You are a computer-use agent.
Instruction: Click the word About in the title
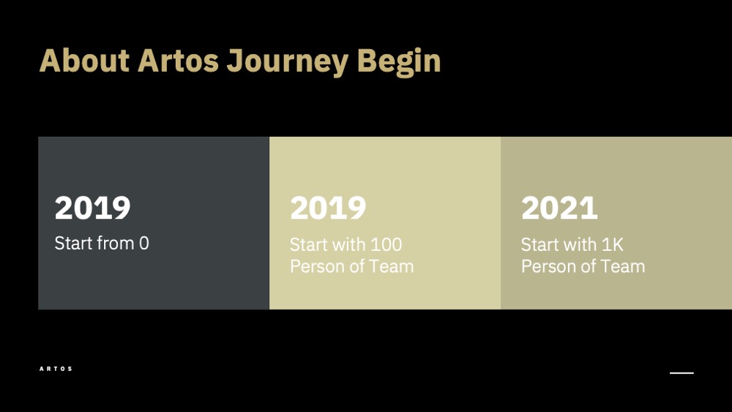point(84,61)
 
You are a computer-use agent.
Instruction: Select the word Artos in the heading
point(179,61)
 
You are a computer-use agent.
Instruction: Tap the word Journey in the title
point(288,62)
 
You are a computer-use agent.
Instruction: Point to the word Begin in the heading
point(399,62)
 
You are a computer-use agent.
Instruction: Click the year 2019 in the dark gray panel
point(92,208)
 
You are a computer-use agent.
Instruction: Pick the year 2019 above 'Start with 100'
point(328,208)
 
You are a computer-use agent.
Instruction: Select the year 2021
point(559,208)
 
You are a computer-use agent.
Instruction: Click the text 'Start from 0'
point(102,243)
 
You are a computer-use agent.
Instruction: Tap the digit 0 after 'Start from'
point(144,243)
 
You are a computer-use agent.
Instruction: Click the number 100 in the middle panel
point(386,244)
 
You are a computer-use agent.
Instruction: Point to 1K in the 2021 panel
point(613,244)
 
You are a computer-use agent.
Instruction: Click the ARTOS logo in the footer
point(56,369)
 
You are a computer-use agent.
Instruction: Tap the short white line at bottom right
point(681,372)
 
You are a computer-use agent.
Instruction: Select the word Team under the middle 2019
point(391,266)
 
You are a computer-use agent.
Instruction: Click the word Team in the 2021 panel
point(622,266)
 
